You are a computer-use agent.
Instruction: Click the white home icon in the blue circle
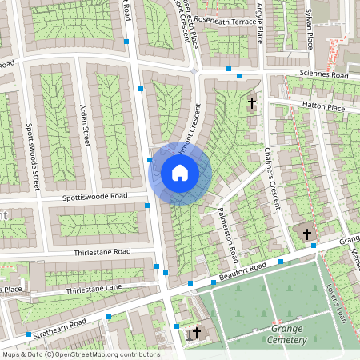coord(180,173)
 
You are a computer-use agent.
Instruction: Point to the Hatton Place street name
coord(323,106)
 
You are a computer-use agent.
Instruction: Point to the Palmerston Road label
coord(228,233)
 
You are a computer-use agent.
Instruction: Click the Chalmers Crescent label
coord(272,180)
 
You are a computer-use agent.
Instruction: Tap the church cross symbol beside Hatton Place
coord(252,102)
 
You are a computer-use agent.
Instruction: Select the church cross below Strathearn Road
coord(196,332)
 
